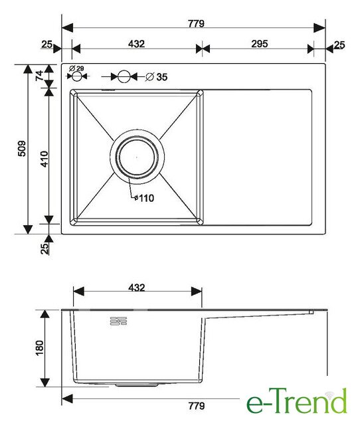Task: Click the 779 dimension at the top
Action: pos(196,24)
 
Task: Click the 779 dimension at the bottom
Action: pos(197,406)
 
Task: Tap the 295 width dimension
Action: pos(260,44)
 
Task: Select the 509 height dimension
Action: pos(22,148)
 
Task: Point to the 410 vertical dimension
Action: pos(45,159)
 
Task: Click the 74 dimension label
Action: pos(40,75)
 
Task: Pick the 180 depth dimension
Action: pos(39,348)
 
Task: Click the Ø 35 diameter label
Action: pos(157,77)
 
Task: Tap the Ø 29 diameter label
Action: pos(76,68)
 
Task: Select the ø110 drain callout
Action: pos(144,198)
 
